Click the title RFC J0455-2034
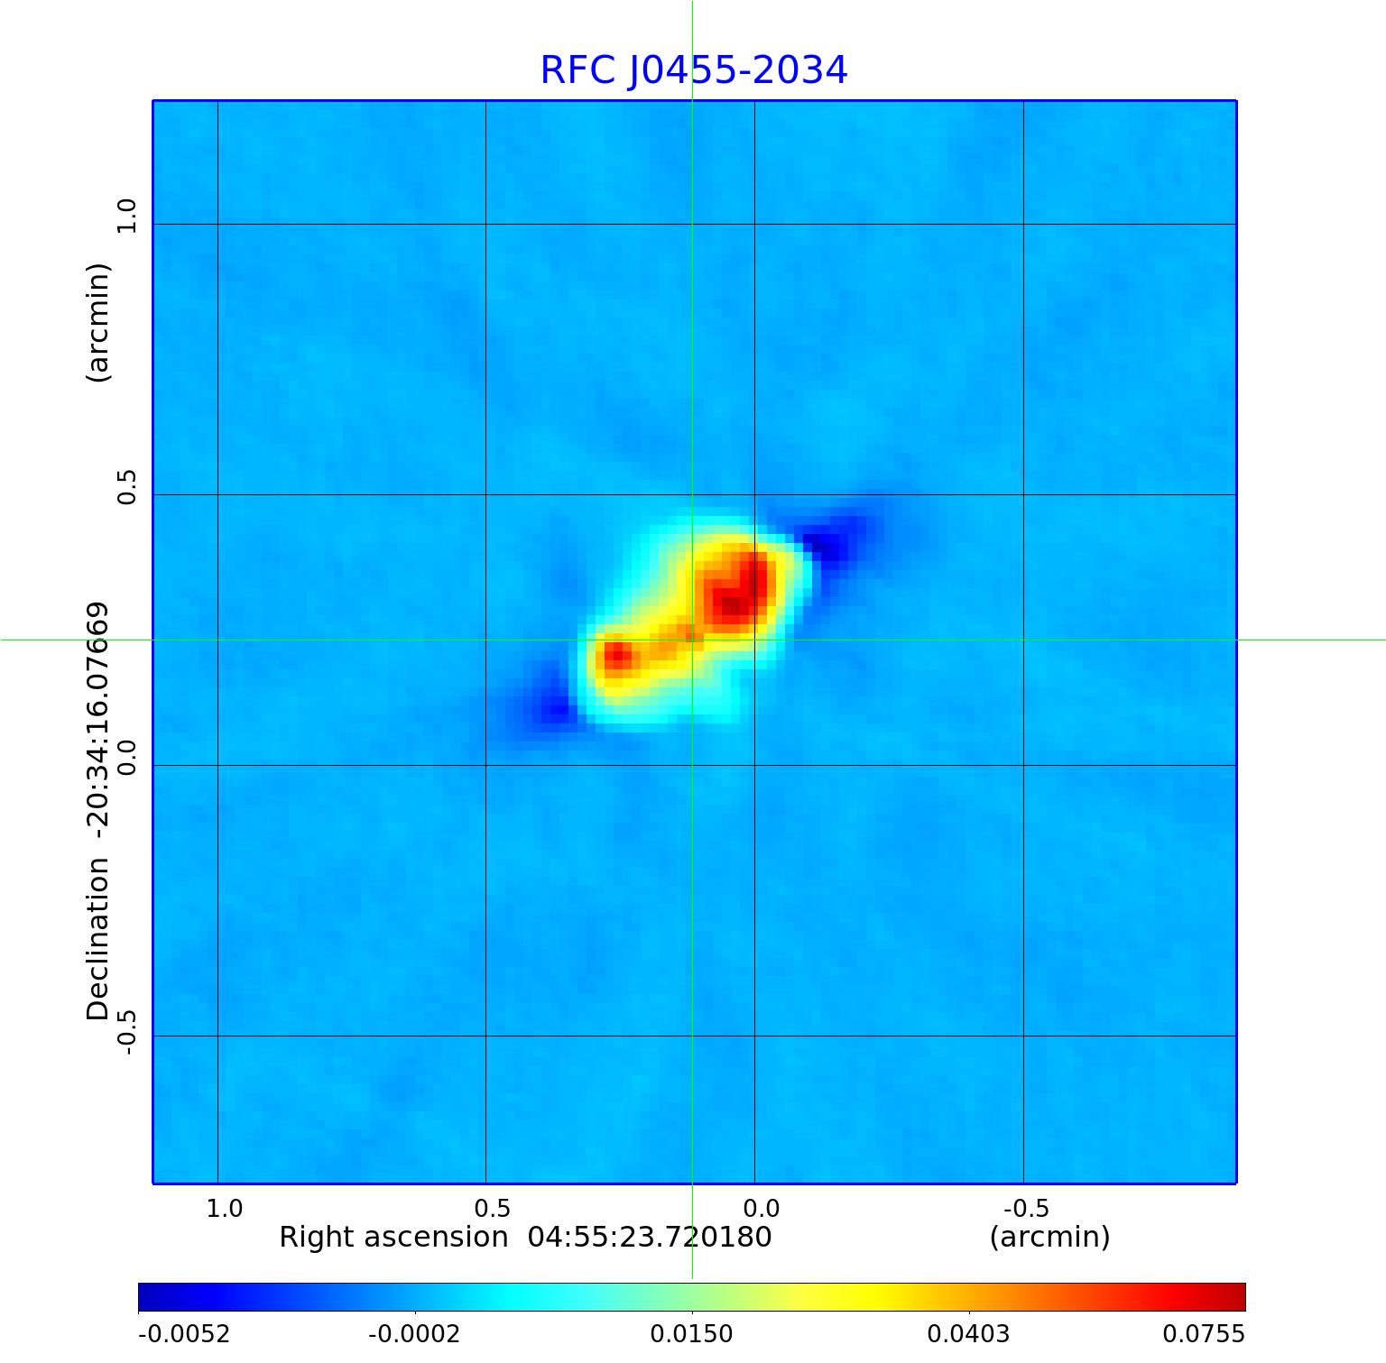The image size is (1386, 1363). [693, 70]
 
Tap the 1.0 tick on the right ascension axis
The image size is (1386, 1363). [224, 1208]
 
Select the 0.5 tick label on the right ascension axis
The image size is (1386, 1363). [492, 1208]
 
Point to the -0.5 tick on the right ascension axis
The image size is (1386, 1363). [1025, 1208]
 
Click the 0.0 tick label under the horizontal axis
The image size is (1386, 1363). [761, 1208]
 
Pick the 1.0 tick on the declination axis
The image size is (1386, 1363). [126, 216]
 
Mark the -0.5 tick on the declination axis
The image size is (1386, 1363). [126, 1031]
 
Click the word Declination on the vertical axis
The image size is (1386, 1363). [97, 939]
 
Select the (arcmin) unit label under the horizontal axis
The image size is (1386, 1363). [1049, 1237]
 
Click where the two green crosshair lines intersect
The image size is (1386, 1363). [692, 640]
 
